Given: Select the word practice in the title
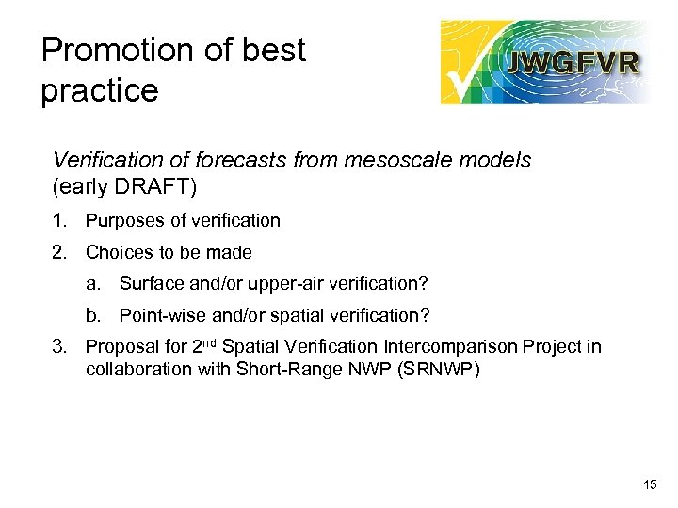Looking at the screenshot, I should (x=99, y=91).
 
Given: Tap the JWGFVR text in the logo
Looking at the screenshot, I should (x=573, y=63).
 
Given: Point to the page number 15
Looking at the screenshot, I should (x=649, y=484).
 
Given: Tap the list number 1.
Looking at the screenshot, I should (x=58, y=221).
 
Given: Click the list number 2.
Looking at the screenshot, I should (x=58, y=253).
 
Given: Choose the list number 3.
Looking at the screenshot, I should (x=58, y=347).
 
